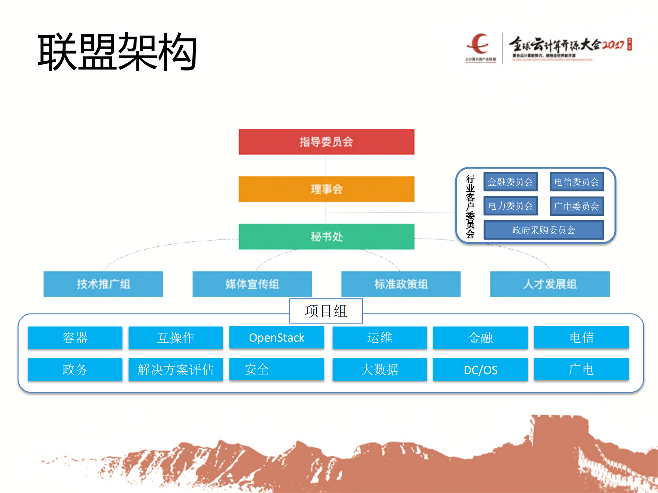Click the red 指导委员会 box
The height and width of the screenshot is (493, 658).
coord(326,141)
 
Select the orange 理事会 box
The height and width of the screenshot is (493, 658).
coord(326,189)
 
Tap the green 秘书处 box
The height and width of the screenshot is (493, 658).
coord(326,236)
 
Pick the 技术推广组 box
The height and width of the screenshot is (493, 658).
coord(103,284)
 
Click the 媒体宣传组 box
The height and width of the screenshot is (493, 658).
coord(252,284)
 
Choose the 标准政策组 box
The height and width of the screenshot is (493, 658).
coord(401,284)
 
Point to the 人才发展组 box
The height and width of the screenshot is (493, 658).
coord(550,284)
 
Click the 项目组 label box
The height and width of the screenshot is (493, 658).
coord(326,311)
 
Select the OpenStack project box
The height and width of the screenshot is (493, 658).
coord(277,337)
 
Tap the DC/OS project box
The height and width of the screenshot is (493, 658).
coord(480,370)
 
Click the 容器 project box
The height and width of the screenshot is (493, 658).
coord(75,337)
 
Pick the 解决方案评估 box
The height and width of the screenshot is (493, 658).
coord(176,370)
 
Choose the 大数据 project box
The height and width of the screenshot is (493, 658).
coord(380,370)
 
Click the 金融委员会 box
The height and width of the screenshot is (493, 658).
coord(511,182)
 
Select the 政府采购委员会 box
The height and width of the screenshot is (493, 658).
coord(543,230)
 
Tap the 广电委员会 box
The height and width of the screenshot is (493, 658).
coord(577,206)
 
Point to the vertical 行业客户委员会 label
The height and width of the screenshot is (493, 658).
coord(470,206)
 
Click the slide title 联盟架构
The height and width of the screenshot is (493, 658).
coord(117,52)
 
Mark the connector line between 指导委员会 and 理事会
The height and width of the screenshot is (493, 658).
coord(325,165)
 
